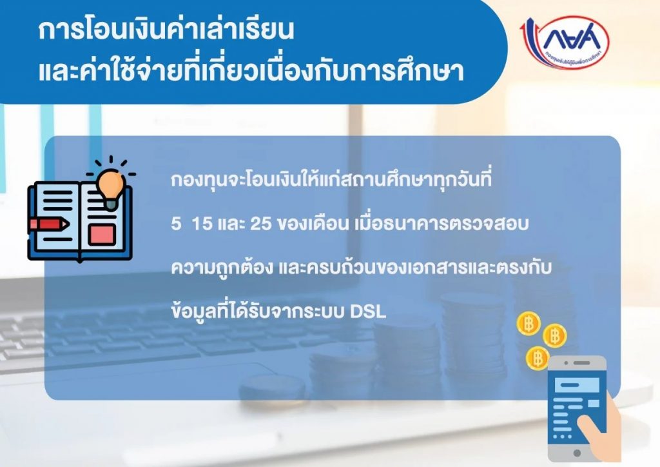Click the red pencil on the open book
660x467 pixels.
[x=49, y=224]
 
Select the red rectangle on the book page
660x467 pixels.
[x=102, y=235]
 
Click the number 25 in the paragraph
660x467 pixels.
[x=260, y=224]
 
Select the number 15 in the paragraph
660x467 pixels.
[x=202, y=224]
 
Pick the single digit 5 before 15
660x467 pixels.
[x=176, y=224]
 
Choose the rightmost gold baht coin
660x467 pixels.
[x=554, y=335]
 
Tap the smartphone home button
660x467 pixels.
[x=577, y=453]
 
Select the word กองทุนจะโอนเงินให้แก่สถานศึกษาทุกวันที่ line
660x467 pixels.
[x=331, y=180]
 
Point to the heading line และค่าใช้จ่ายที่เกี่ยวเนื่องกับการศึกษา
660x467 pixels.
[x=251, y=71]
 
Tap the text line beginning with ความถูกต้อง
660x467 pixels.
[x=361, y=268]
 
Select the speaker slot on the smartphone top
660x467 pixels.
[x=581, y=363]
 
